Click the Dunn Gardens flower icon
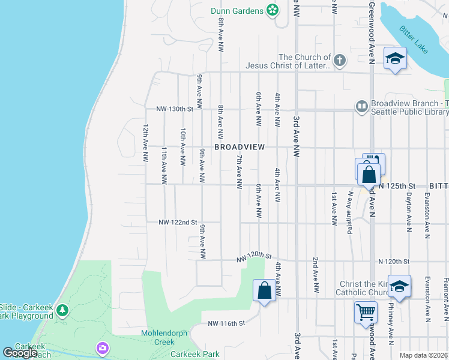[x=273, y=10]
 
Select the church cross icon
[x=340, y=60]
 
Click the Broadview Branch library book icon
[x=361, y=106]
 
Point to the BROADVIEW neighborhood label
[x=240, y=147]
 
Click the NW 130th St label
[x=175, y=109]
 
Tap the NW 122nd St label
[x=178, y=222]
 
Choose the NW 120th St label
[x=255, y=257]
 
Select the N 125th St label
[x=397, y=185]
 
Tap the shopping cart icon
[x=366, y=311]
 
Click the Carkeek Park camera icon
[x=102, y=347]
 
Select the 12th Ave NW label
[x=145, y=143]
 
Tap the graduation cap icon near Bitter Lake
[x=395, y=58]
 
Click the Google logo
[x=20, y=352]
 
